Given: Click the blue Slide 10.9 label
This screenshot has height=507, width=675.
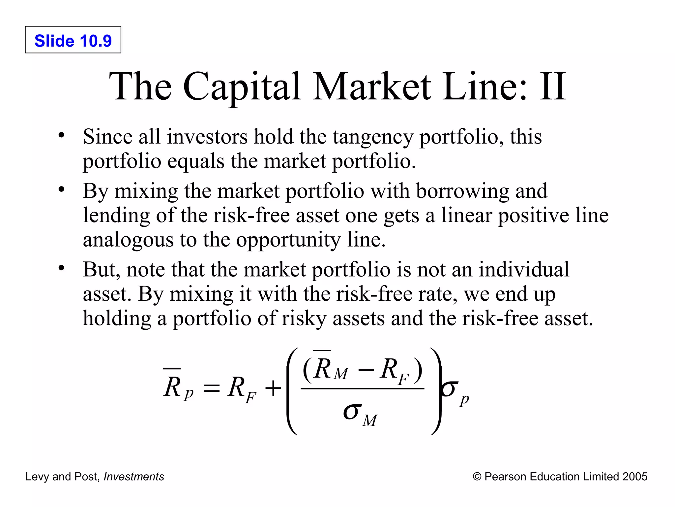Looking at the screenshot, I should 73,41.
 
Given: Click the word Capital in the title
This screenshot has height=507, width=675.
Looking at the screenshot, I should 242,86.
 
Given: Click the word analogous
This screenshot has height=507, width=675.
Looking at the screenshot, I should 128,240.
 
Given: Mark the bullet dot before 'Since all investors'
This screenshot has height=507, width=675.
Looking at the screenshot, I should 61,135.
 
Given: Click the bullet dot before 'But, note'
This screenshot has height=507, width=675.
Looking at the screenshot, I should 61,268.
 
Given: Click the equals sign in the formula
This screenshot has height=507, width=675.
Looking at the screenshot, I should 211,388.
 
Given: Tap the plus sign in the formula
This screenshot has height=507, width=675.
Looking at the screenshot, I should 273,388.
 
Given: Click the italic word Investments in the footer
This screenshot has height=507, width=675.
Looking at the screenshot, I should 134,477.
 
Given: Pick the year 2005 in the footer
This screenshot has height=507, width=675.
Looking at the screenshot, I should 635,477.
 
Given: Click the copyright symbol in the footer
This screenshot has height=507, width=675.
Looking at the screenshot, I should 477,477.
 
